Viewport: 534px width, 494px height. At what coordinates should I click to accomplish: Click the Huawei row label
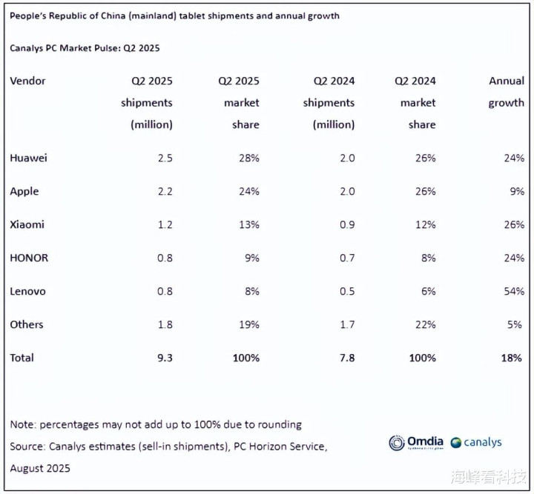(28, 158)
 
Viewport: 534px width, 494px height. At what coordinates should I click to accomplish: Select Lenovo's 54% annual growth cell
(514, 291)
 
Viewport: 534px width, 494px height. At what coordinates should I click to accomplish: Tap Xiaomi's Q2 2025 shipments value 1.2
(165, 224)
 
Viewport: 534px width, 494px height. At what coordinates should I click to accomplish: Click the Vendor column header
(27, 81)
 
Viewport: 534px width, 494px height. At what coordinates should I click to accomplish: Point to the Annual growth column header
(506, 91)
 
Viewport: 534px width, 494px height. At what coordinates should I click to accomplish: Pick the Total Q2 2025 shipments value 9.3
(165, 358)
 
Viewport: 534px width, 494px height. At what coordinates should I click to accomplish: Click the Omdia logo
(416, 442)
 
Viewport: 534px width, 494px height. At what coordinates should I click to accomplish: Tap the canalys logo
(475, 442)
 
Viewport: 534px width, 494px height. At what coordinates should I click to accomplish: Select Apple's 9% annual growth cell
(517, 191)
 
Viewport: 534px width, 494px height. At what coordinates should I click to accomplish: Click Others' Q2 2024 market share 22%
(426, 324)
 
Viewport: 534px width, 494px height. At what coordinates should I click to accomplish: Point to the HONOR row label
(29, 258)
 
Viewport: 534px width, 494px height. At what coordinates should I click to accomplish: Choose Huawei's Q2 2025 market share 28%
(249, 158)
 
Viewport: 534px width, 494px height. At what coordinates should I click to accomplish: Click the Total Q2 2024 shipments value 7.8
(347, 358)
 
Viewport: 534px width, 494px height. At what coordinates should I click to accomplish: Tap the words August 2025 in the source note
(40, 468)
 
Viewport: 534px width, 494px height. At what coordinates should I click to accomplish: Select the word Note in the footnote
(23, 424)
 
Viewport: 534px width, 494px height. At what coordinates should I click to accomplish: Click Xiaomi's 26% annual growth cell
(514, 224)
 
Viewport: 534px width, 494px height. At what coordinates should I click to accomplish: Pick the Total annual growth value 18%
(512, 358)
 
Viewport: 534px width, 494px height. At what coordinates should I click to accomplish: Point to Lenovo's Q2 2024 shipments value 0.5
(347, 291)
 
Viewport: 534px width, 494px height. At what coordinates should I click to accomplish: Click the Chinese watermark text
(488, 477)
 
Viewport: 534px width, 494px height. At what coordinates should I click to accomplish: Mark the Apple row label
(24, 191)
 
